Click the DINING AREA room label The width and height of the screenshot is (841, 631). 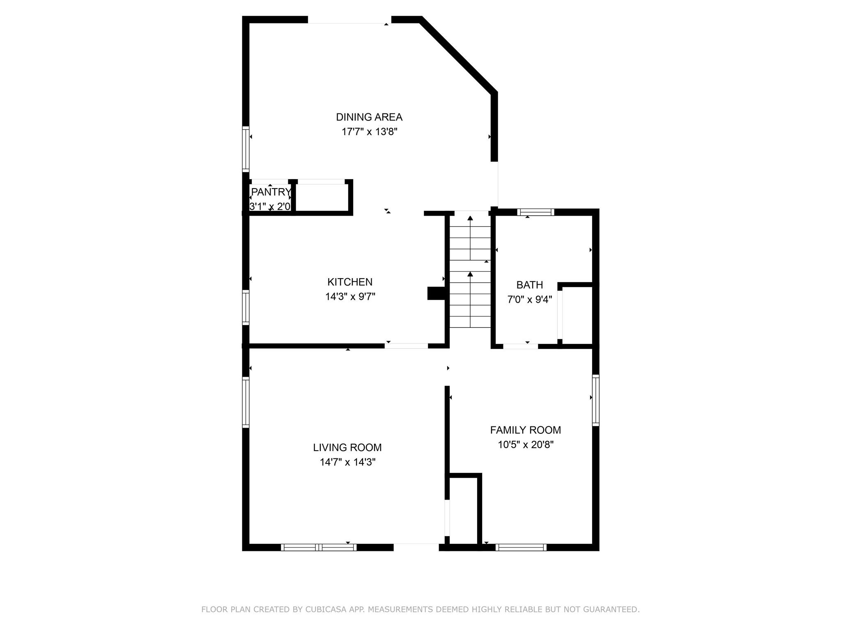click(369, 117)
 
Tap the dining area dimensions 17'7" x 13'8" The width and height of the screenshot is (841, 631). click(370, 132)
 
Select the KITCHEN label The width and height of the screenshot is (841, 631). click(350, 282)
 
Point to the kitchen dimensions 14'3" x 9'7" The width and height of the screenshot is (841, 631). click(350, 297)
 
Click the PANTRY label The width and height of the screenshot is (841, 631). click(271, 192)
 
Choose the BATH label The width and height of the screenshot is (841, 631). click(530, 285)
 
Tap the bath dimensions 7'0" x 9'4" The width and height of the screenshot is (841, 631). click(530, 299)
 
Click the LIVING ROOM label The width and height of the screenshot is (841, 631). click(347, 447)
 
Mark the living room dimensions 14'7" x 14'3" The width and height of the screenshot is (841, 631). click(348, 462)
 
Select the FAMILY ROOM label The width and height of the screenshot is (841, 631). click(526, 430)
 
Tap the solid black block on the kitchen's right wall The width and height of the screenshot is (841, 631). click(436, 293)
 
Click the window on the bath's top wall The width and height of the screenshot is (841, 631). click(535, 212)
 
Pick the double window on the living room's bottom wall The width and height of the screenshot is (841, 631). click(319, 547)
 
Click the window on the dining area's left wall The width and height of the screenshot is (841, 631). click(246, 148)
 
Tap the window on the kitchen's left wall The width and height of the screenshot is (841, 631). click(246, 307)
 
